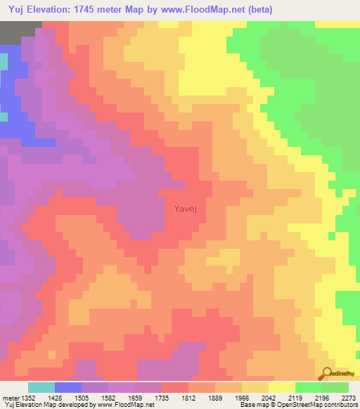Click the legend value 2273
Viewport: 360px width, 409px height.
pos(348,398)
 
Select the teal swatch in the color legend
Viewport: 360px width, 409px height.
pos(41,387)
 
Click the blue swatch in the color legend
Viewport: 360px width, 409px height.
pos(68,387)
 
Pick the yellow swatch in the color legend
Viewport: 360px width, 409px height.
pos(281,387)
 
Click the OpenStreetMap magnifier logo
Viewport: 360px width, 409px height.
pos(328,372)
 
